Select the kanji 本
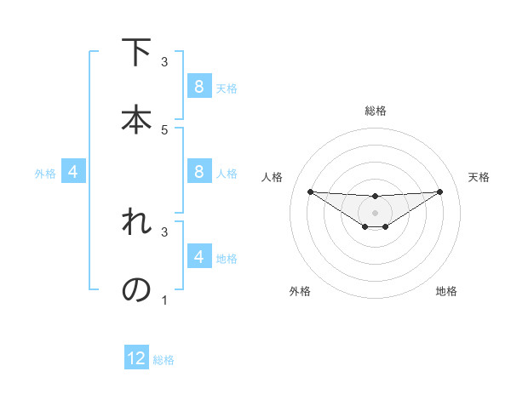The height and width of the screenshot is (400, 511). tap(137, 119)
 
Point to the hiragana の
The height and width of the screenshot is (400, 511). tap(137, 290)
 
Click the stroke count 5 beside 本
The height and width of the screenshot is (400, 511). tap(164, 129)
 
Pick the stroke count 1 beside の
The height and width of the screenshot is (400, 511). tap(164, 300)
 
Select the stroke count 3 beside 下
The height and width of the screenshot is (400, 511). tap(164, 62)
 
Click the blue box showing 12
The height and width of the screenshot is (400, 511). tap(136, 358)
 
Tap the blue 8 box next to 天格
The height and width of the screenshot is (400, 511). tap(198, 86)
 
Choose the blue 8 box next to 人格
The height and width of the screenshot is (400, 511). tap(198, 171)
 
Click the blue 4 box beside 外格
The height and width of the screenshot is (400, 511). tap(73, 172)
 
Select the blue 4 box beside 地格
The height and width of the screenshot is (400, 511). tap(198, 256)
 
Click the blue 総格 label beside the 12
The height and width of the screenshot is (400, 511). tap(164, 360)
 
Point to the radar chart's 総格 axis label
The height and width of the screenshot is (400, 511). tap(375, 111)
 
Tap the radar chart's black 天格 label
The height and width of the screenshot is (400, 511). tap(479, 177)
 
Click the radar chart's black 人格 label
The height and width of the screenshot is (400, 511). tap(272, 177)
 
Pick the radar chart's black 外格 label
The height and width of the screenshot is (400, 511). tap(300, 291)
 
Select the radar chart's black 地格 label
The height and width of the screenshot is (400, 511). tap(446, 291)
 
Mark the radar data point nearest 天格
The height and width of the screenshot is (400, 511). tap(440, 191)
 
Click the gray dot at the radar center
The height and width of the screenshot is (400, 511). tap(375, 213)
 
